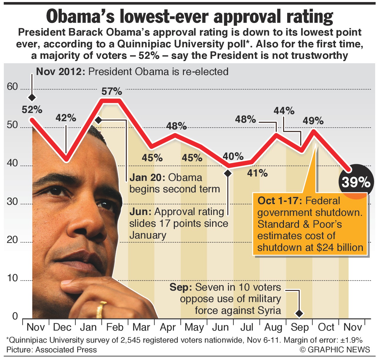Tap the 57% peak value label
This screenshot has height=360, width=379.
112,91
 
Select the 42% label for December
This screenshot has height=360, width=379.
66,118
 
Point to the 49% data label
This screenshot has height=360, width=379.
313,121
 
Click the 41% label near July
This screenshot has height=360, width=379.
257,173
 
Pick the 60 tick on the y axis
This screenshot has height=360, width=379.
12,87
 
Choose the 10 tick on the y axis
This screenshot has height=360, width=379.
12,278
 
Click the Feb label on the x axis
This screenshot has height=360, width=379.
115,327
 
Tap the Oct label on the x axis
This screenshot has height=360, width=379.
326,327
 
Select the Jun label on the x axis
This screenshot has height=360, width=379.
220,327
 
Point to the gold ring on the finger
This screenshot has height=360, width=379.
101,309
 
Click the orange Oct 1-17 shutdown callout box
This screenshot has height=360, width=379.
310,224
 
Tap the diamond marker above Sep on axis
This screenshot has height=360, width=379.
300,314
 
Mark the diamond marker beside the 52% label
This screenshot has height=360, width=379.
32,97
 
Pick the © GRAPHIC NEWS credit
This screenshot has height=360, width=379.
335,349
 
